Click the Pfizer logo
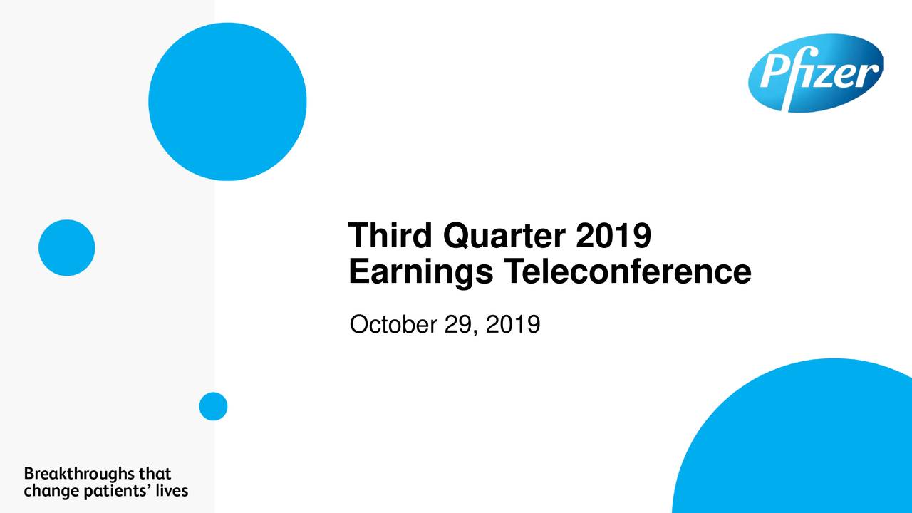click(x=816, y=73)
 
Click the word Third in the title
click(x=390, y=235)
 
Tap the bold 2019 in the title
click(x=613, y=235)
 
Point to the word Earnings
click(x=421, y=272)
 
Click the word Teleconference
click(x=628, y=271)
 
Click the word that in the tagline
click(x=155, y=474)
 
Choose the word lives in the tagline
click(x=172, y=491)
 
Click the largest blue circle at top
click(x=227, y=101)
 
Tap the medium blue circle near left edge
click(x=67, y=248)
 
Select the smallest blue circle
click(x=213, y=406)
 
